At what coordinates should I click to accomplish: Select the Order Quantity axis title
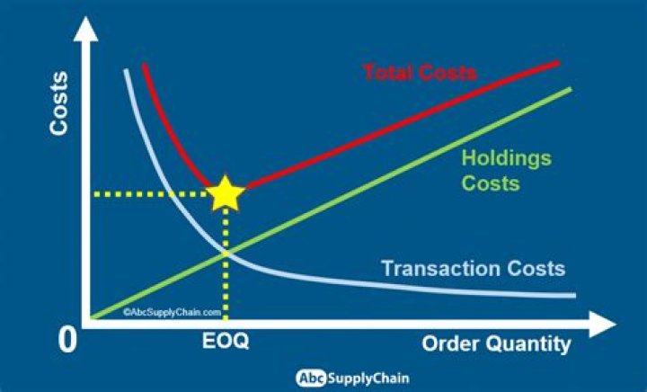point(496,344)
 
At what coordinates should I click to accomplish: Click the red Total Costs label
point(420,71)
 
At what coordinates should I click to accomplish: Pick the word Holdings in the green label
point(506,159)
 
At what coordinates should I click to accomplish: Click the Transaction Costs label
point(473,268)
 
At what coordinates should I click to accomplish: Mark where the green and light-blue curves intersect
point(225,255)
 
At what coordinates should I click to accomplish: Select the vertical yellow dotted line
point(225,270)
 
